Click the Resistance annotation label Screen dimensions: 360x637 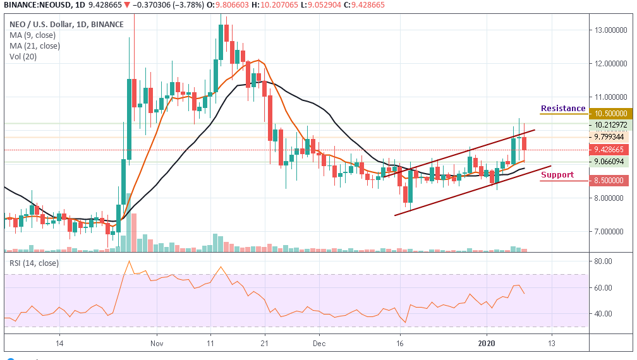563,109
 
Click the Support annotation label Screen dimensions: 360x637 557,175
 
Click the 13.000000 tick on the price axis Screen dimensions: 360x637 611,30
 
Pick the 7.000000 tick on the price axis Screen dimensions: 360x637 611,232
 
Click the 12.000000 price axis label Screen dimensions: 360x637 611,63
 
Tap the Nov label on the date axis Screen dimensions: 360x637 157,344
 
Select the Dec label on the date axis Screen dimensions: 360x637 319,344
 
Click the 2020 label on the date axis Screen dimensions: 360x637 487,344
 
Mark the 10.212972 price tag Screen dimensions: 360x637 610,125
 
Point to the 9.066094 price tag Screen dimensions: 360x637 610,161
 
